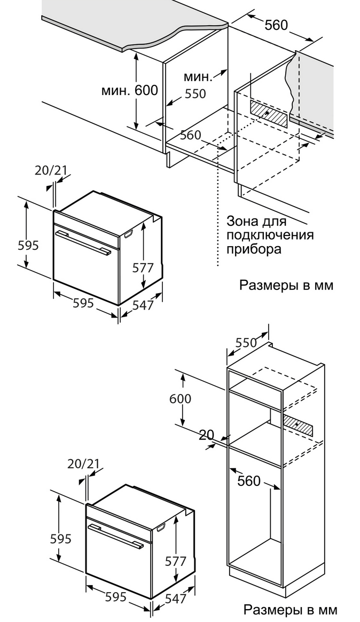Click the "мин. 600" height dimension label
[130, 91]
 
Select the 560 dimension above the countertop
[276, 25]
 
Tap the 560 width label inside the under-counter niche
[190, 135]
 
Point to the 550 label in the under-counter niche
[195, 94]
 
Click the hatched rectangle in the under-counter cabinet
[270, 113]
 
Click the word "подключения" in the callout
[270, 235]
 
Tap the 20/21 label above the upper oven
[51, 170]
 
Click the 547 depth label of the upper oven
[143, 305]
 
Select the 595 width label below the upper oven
[83, 303]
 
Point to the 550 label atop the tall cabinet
[246, 343]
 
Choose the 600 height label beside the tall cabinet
[180, 398]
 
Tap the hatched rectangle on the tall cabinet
[299, 425]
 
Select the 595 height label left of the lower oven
[60, 539]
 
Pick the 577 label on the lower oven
[175, 561]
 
